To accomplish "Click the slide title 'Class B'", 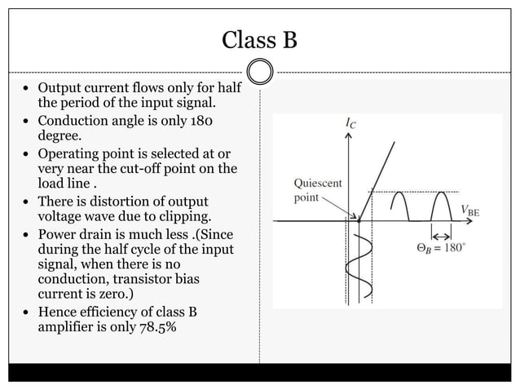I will [x=260, y=38].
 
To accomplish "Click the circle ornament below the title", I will [x=260, y=71].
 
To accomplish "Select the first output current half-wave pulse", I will [x=399, y=206].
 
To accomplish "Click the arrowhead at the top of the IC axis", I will [x=350, y=137].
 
